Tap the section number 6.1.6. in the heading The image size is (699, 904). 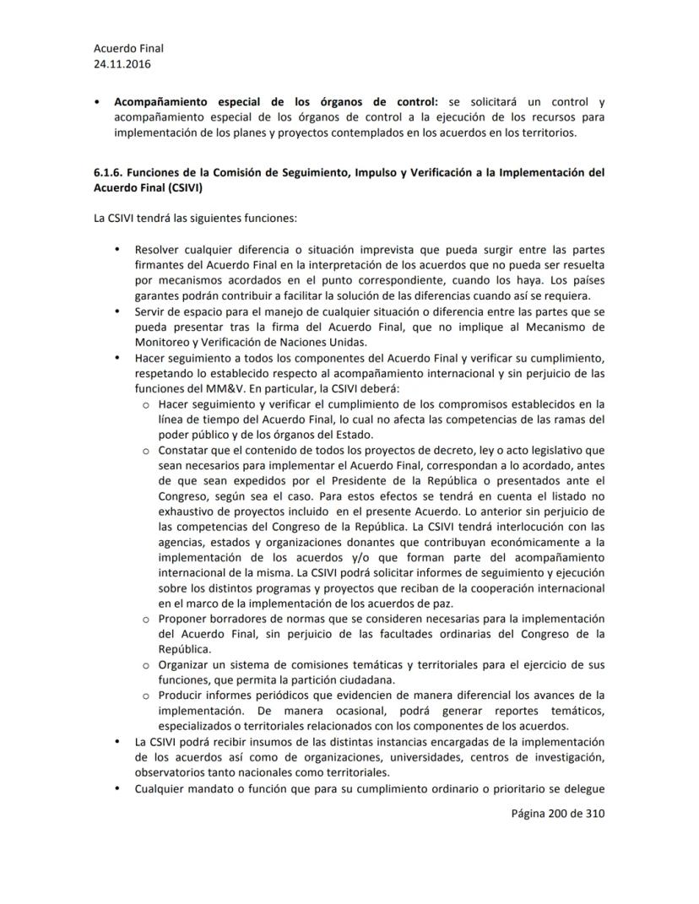110,172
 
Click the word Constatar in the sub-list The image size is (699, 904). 185,450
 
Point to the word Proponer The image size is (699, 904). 183,620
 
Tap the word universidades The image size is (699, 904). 426,757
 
